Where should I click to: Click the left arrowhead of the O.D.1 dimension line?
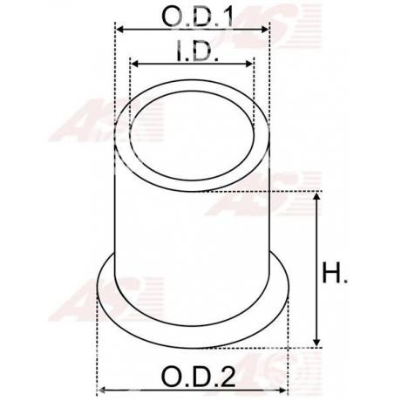coord(120,30)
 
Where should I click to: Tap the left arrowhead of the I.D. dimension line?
coord(133,64)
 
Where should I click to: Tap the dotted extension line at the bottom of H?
coord(301,347)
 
